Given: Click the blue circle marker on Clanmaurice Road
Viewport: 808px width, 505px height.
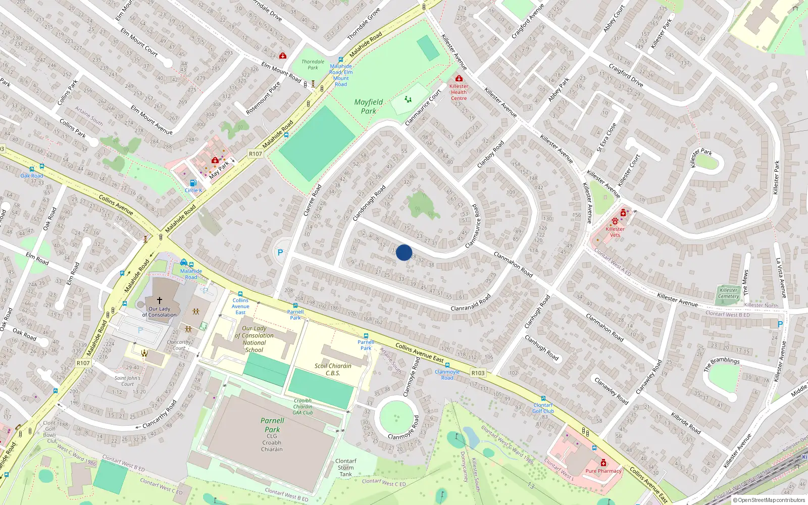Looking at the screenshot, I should click(x=404, y=252).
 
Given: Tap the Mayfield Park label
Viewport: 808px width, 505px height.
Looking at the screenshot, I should click(x=369, y=106).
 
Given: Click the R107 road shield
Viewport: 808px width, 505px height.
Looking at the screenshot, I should click(x=256, y=154).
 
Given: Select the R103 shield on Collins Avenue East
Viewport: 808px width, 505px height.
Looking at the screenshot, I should click(x=478, y=373).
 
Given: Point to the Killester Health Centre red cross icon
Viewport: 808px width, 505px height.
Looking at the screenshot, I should click(x=459, y=79).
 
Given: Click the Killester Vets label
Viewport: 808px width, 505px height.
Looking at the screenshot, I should click(x=615, y=232).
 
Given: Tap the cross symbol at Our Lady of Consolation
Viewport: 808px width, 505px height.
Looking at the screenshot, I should click(x=160, y=300).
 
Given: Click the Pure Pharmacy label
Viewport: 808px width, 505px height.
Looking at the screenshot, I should click(x=603, y=471).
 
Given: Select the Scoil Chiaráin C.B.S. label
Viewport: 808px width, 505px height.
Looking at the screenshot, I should click(x=333, y=369).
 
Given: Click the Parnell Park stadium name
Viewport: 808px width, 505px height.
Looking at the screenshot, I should click(x=272, y=425).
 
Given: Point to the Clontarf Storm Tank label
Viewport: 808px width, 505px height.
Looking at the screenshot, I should click(x=346, y=468).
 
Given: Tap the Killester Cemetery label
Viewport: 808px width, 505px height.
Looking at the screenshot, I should click(x=728, y=293).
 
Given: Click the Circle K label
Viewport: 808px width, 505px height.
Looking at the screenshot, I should click(x=193, y=190).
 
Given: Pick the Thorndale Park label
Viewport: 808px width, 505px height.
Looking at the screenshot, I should click(x=313, y=65).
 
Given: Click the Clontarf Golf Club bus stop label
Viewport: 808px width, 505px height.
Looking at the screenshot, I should click(x=543, y=408).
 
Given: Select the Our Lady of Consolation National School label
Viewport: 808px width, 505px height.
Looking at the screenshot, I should click(x=254, y=339).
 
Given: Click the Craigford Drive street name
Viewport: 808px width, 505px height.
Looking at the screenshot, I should click(x=626, y=75).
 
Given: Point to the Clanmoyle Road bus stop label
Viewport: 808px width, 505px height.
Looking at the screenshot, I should click(x=447, y=375).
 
